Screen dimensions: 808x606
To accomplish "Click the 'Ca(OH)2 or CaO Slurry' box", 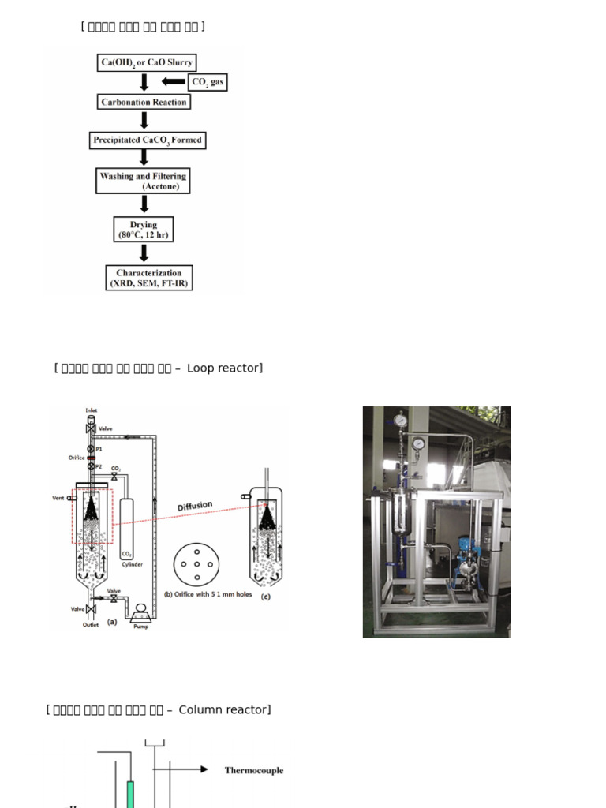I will click(146, 62).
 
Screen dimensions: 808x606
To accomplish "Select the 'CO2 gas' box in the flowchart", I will click(208, 81).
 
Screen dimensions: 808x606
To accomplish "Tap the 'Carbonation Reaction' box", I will click(144, 102).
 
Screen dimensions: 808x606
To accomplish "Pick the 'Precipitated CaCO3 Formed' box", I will click(148, 140).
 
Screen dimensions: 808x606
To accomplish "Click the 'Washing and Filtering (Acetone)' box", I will click(144, 181).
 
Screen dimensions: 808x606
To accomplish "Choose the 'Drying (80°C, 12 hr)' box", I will click(144, 229).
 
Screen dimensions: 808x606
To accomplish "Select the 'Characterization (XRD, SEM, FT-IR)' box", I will click(149, 278).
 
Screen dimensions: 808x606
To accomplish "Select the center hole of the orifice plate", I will click(196, 565).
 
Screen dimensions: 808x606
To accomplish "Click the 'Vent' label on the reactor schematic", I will click(58, 498).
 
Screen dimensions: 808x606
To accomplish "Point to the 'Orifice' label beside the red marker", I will click(76, 458).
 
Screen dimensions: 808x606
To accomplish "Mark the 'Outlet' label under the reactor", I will click(91, 625).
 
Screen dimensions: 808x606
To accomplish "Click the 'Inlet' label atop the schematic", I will click(92, 410).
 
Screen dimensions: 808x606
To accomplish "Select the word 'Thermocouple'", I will click(253, 770).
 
